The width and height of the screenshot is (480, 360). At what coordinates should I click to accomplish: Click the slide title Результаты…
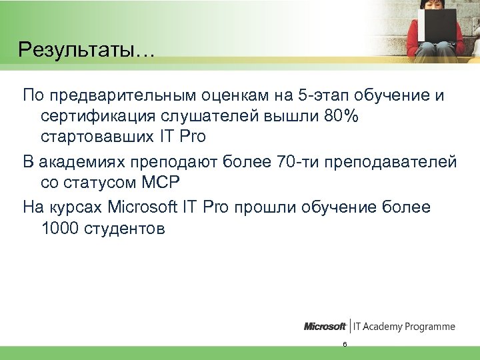(86, 50)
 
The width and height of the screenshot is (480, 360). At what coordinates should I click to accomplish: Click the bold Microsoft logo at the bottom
(325, 327)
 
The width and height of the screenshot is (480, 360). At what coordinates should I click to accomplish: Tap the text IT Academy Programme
(404, 327)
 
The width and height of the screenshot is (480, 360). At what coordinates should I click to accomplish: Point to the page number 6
(344, 345)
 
